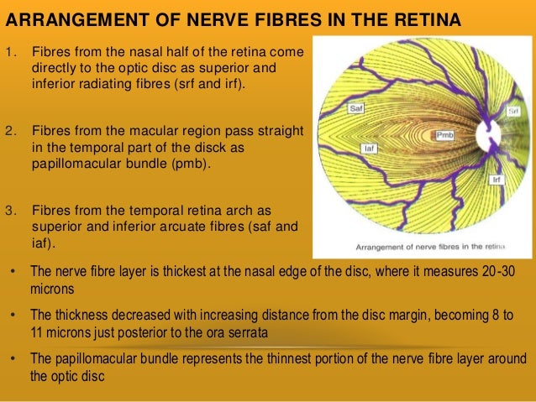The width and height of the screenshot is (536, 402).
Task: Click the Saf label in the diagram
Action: tap(355, 109)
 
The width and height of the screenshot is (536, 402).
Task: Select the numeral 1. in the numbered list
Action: tap(11, 51)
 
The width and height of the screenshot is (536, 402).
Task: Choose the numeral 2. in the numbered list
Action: tap(11, 132)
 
